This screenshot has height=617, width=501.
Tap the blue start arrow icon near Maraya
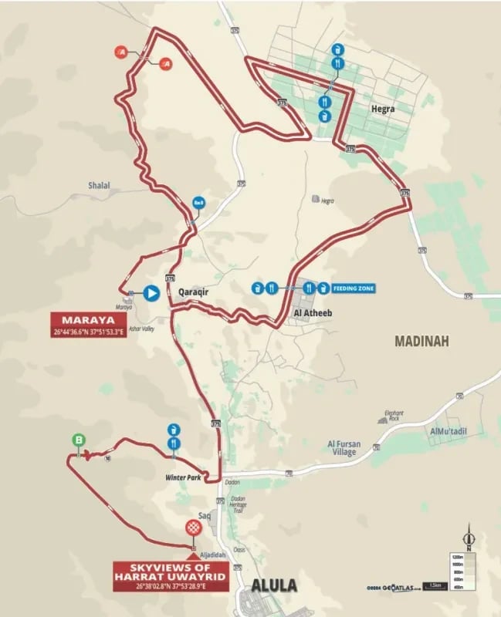[151, 293]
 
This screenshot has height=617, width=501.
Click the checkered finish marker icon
[193, 528]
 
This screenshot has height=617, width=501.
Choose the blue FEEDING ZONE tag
[354, 288]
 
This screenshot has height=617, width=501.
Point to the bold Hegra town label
[382, 109]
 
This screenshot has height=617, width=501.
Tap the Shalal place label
[99, 185]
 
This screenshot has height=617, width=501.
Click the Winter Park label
[182, 477]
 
